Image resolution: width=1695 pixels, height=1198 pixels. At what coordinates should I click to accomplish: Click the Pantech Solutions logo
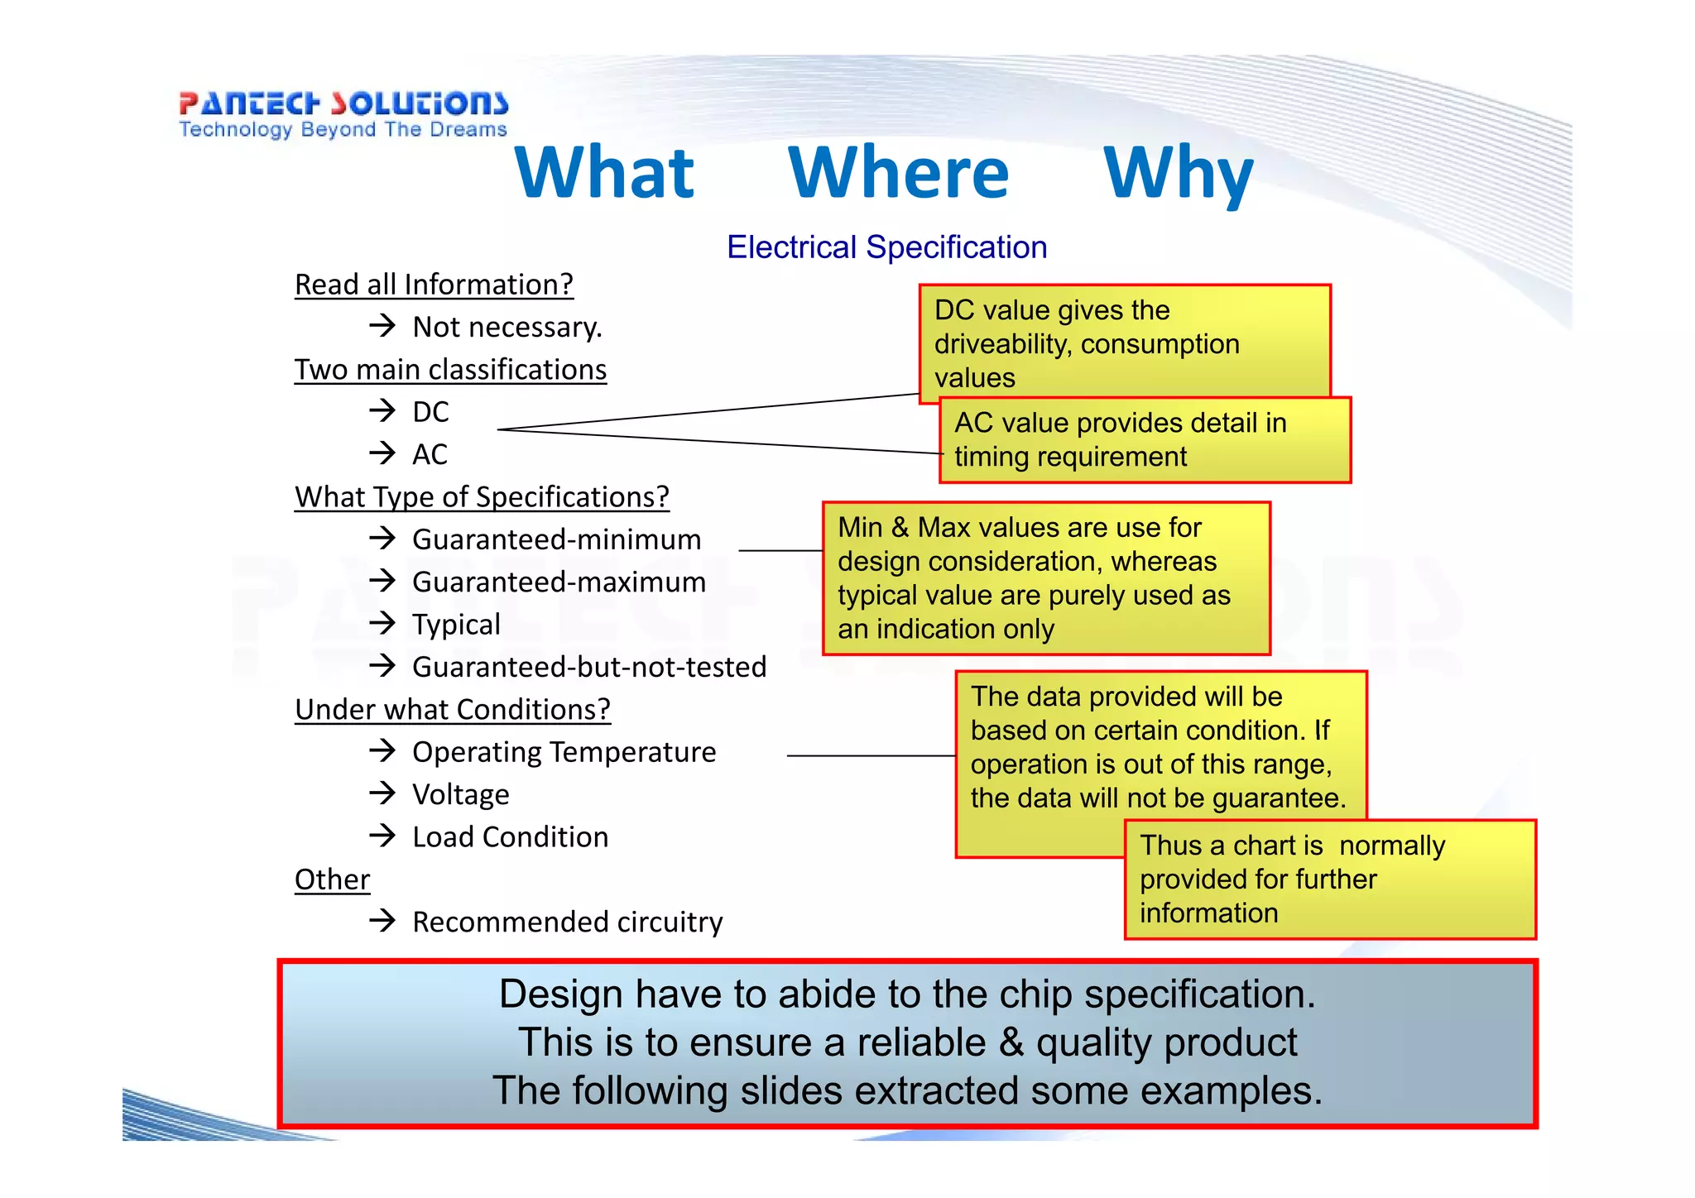point(343,114)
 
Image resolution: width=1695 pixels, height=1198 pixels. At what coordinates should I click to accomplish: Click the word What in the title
point(604,173)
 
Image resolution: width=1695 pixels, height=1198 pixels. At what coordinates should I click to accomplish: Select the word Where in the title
point(899,173)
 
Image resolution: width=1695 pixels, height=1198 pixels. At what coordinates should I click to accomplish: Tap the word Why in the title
point(1179,173)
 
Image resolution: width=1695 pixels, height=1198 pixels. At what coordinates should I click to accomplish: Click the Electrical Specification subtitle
point(886,247)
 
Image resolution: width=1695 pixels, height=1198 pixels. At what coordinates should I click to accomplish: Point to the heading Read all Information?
point(434,285)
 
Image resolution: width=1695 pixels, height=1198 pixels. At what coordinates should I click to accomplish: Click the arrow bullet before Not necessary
point(382,325)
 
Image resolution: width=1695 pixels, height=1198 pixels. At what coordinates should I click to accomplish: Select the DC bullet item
point(430,412)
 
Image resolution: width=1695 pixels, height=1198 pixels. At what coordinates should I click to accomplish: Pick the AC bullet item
point(430,454)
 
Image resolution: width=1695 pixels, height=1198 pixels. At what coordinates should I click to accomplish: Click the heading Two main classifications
point(450,370)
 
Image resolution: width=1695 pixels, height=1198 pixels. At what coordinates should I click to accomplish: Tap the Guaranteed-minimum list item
point(556,539)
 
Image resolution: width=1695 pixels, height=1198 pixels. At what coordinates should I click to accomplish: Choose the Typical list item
point(456,625)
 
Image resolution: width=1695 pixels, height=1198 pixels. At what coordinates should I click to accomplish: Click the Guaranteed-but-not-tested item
point(589,667)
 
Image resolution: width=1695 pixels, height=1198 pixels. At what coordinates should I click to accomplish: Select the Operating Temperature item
point(564,752)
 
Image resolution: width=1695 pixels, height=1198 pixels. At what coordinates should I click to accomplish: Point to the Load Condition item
point(510,837)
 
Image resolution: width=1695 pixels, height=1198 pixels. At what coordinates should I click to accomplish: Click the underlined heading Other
point(332,879)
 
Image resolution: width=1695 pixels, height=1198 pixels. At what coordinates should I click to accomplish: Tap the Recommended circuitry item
point(567,922)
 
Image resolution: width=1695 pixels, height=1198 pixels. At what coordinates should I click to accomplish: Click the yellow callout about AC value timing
point(1145,440)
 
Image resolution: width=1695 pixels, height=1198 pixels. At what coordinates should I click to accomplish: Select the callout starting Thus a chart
point(1329,879)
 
